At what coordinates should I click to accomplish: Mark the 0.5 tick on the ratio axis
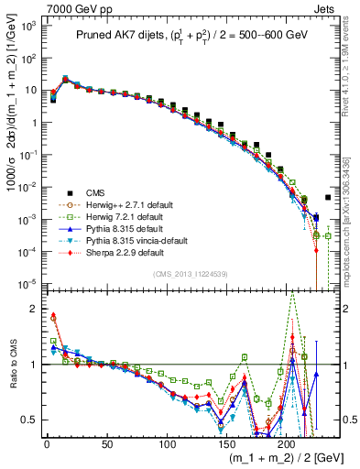[x=35, y=420]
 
